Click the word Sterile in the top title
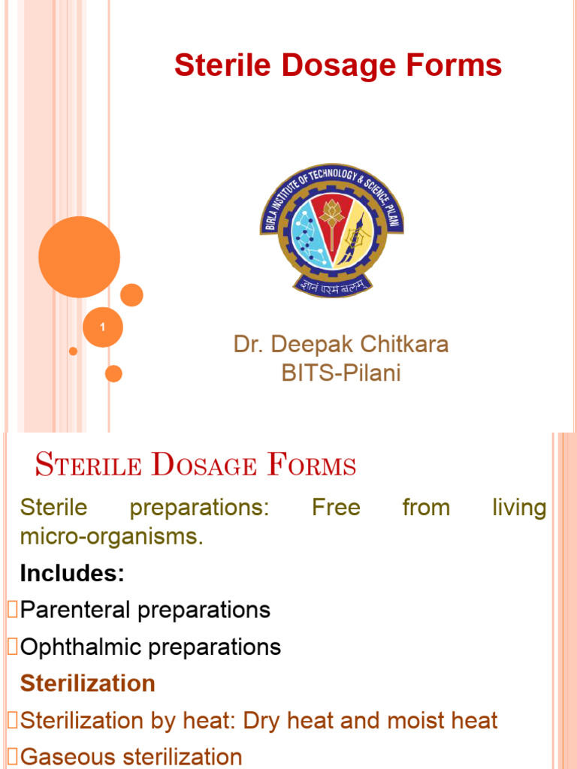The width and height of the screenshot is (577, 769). pyautogui.click(x=215, y=66)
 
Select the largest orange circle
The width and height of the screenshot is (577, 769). pyautogui.click(x=79, y=257)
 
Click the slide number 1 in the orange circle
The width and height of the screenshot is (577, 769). pyautogui.click(x=102, y=327)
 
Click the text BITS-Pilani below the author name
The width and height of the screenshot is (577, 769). pyautogui.click(x=341, y=373)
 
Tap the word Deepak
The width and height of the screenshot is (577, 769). pyautogui.click(x=307, y=345)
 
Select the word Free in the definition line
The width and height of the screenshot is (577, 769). pyautogui.click(x=336, y=508)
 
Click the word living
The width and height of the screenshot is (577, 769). pyautogui.click(x=519, y=508)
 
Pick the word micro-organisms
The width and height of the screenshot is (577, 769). pyautogui.click(x=111, y=538)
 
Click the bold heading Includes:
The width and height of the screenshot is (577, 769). pyautogui.click(x=72, y=574)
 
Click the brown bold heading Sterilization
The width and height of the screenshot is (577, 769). pyautogui.click(x=88, y=683)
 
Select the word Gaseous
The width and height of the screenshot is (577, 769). pyautogui.click(x=64, y=757)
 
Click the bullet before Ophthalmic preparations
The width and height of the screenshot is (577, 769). pyautogui.click(x=11, y=647)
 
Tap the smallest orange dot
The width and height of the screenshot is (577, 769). pyautogui.click(x=73, y=351)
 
